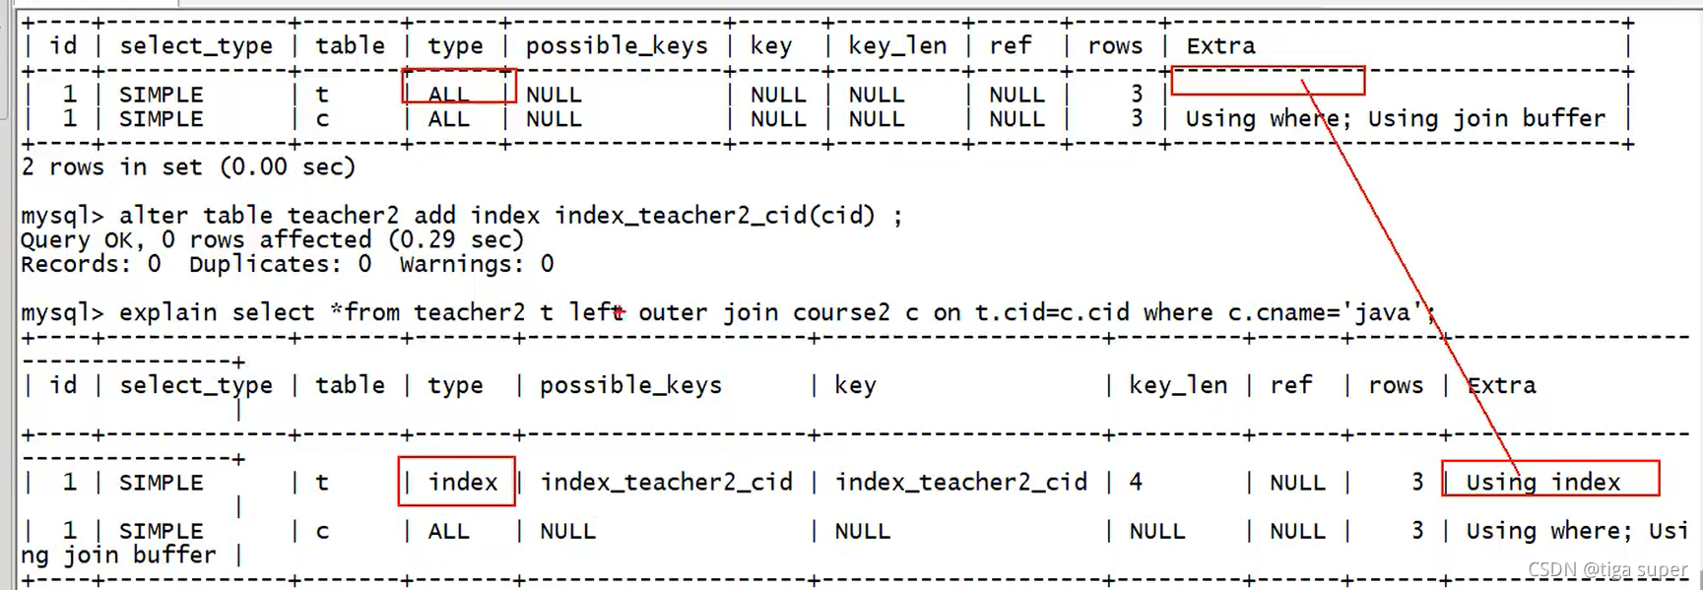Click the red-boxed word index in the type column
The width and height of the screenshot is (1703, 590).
point(462,482)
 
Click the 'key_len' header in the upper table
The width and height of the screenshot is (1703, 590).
point(896,45)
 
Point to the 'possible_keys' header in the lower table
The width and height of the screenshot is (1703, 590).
point(630,385)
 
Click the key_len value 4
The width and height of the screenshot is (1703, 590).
point(1136,482)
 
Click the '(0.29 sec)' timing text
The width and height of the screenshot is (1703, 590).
point(456,239)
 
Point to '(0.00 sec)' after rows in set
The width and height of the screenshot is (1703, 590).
point(288,167)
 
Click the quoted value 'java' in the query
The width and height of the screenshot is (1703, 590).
point(1383,312)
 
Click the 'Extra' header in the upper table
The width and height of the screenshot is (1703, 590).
point(1220,45)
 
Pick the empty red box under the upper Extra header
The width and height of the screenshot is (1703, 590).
point(1268,81)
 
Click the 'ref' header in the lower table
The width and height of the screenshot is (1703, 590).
point(1290,385)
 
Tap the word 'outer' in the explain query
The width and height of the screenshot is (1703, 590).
point(673,312)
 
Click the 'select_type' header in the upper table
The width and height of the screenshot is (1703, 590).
point(196,45)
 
